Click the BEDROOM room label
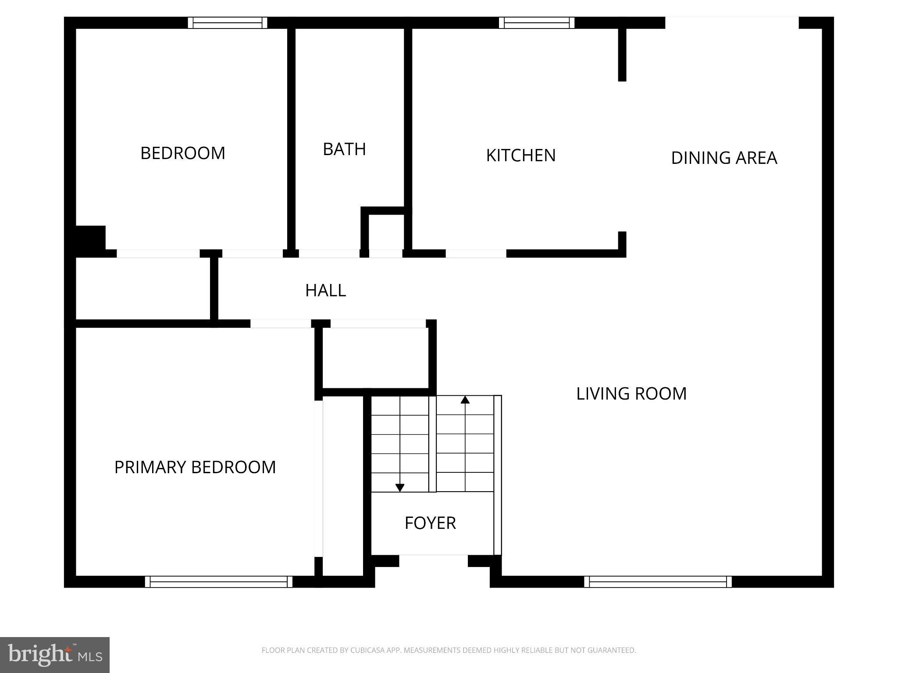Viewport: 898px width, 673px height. pyautogui.click(x=182, y=153)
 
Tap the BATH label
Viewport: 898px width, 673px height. pyautogui.click(x=344, y=149)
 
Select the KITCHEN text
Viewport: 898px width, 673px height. pyautogui.click(x=520, y=156)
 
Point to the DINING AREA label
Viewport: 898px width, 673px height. pyautogui.click(x=723, y=158)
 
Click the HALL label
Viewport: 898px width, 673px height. pyautogui.click(x=325, y=290)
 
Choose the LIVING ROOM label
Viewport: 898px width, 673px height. pyautogui.click(x=631, y=393)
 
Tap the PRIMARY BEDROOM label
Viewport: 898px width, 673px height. pyautogui.click(x=195, y=467)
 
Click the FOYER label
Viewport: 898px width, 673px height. pyautogui.click(x=430, y=523)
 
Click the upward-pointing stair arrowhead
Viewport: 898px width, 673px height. pyautogui.click(x=465, y=400)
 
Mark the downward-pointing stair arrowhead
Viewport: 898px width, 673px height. pyautogui.click(x=400, y=488)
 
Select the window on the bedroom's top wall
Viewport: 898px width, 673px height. pyautogui.click(x=228, y=23)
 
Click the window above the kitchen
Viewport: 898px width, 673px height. pyautogui.click(x=537, y=23)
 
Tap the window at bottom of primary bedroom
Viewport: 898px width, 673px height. pyautogui.click(x=218, y=582)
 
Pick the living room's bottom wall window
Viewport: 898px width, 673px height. pyautogui.click(x=658, y=582)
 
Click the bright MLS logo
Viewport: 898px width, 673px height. pyautogui.click(x=55, y=655)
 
